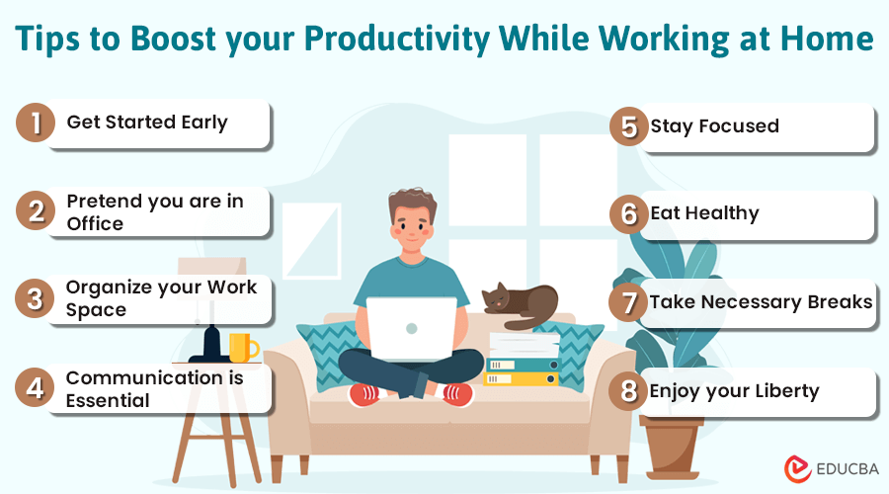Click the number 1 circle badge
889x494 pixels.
(36, 123)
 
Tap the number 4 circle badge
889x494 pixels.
(36, 388)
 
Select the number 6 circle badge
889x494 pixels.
(625, 213)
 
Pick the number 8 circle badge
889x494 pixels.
(625, 391)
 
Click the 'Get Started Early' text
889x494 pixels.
(147, 123)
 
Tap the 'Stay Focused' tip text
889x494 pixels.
(714, 125)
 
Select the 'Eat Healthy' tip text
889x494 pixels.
(704, 212)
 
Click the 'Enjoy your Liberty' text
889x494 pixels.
(734, 390)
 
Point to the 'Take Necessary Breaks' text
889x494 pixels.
(761, 301)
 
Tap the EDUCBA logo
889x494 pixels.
(827, 468)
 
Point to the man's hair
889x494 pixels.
(411, 202)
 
